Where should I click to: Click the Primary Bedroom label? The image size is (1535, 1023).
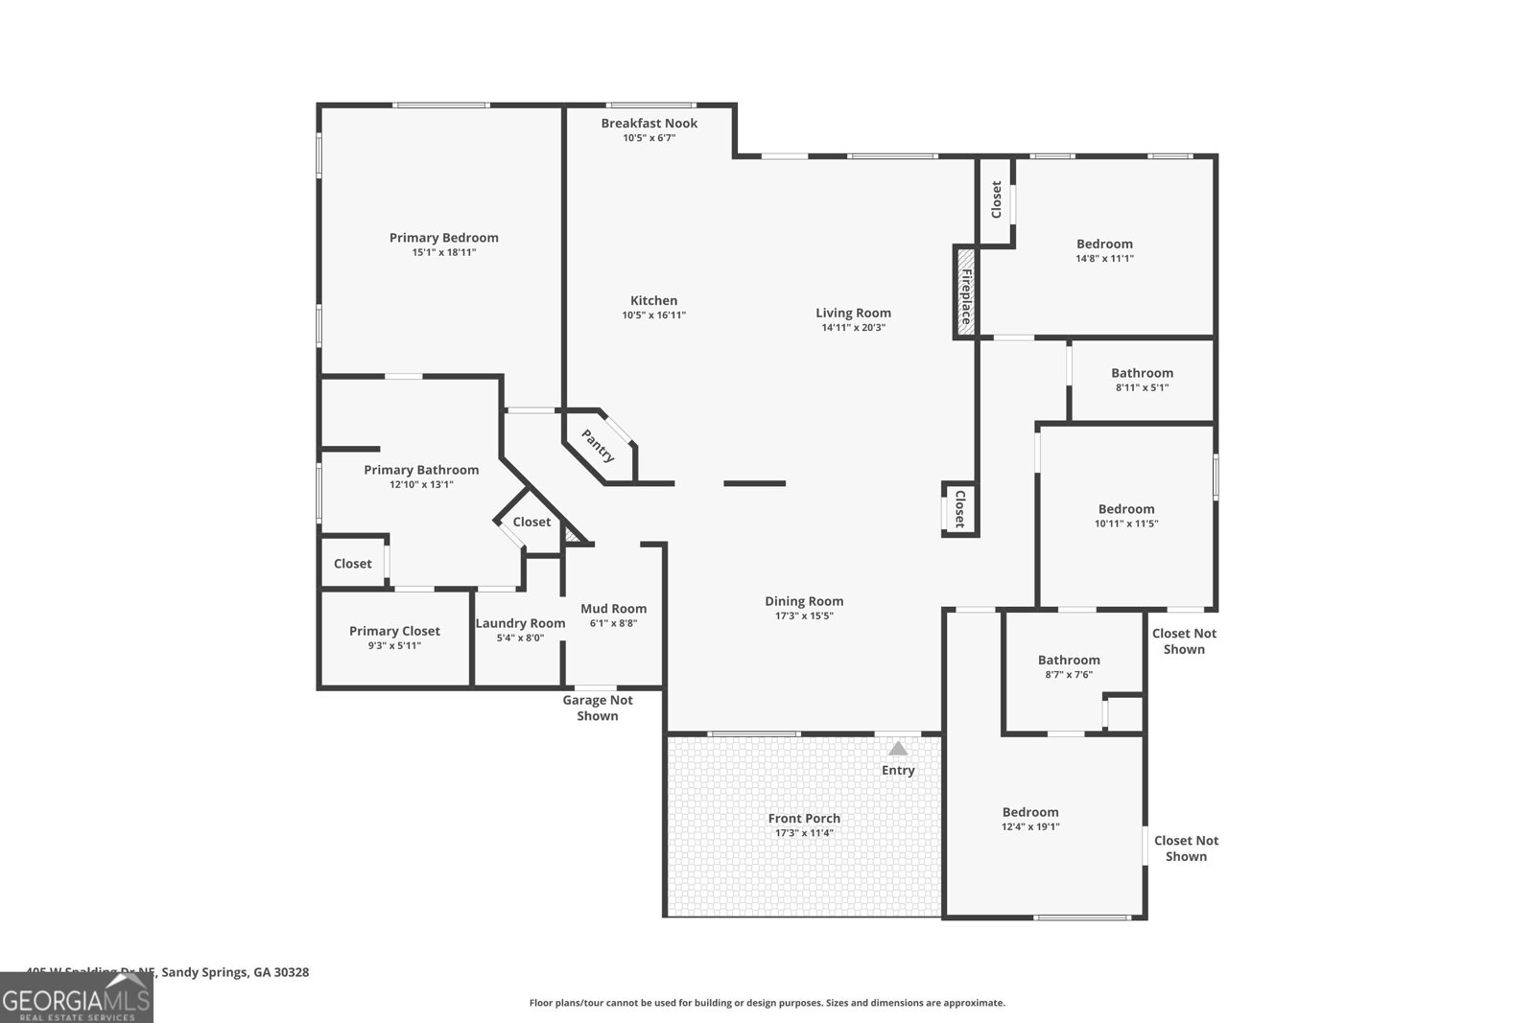(443, 238)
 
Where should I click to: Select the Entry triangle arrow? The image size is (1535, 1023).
(898, 749)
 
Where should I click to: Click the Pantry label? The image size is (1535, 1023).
(599, 446)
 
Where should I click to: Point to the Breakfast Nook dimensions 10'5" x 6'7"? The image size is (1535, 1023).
(649, 138)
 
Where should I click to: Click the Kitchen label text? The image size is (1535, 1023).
(653, 300)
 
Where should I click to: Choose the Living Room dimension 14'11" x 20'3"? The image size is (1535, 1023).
(853, 328)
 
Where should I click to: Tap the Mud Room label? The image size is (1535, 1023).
(613, 609)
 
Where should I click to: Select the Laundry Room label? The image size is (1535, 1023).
(520, 623)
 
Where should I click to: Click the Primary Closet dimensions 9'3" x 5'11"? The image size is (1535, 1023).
(394, 646)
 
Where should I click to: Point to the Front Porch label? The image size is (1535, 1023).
(804, 818)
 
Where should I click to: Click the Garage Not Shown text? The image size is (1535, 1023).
(597, 708)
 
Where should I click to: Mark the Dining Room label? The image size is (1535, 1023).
(804, 601)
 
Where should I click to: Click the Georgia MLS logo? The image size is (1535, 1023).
(76, 999)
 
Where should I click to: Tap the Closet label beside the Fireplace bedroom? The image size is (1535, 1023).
(996, 199)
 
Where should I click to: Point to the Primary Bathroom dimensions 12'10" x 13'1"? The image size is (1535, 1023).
(421, 485)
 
